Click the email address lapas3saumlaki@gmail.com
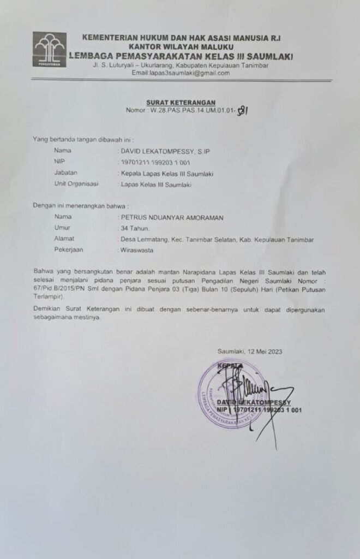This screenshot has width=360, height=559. click(x=184, y=73)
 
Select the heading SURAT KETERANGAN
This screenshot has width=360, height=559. click(x=181, y=103)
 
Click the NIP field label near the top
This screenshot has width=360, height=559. click(x=59, y=162)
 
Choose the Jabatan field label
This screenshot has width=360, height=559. click(x=65, y=174)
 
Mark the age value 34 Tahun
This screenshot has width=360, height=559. click(x=135, y=228)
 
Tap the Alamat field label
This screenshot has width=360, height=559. click(x=64, y=239)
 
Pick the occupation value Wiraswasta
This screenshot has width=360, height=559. click(x=137, y=250)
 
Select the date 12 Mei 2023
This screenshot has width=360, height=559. click(x=265, y=351)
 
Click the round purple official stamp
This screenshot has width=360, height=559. click(x=232, y=394)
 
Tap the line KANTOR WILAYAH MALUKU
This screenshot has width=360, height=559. click(x=173, y=47)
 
